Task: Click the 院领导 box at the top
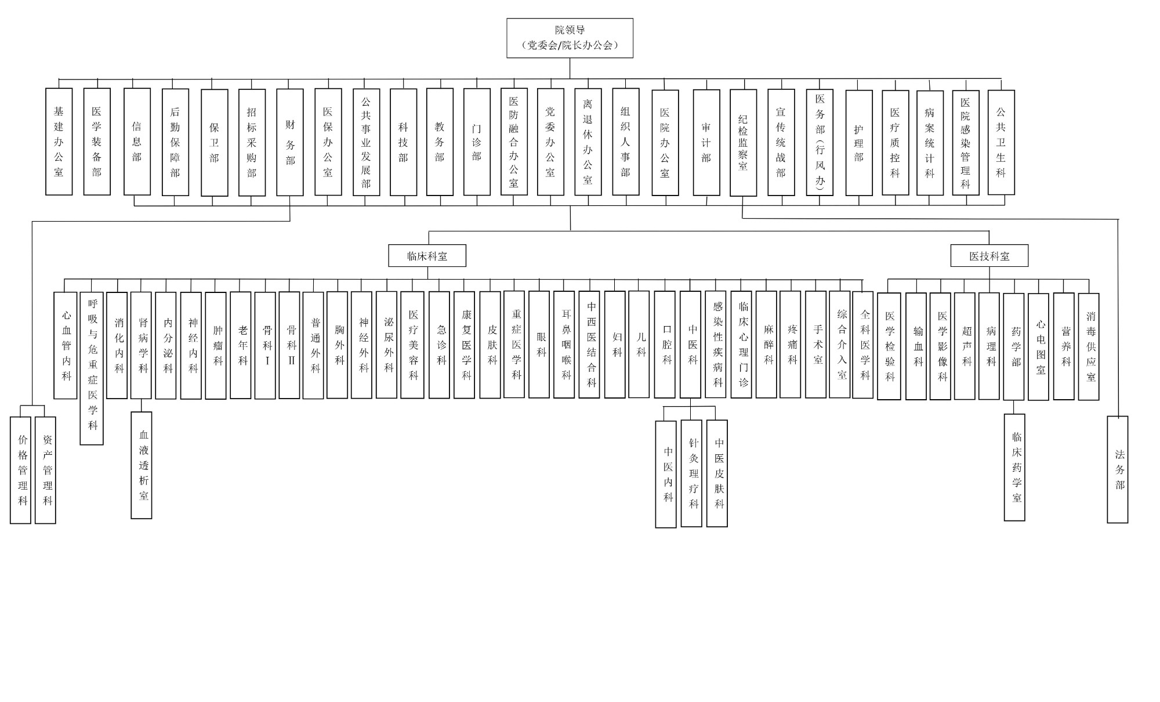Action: pos(570,38)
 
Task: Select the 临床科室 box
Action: pos(427,256)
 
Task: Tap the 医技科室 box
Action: pos(989,256)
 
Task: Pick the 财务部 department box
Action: pos(290,142)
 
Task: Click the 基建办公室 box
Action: pos(59,142)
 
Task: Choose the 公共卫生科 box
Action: pos(1001,142)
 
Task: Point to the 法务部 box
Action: pos(1118,469)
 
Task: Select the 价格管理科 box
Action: pos(21,470)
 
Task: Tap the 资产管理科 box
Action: pos(46,470)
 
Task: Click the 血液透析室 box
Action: pos(142,465)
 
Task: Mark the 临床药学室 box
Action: pos(1014,467)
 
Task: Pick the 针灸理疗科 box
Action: pos(691,473)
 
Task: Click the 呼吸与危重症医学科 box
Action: pos(92,368)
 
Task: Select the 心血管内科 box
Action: pos(66,345)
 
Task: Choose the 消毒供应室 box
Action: pos(1089,346)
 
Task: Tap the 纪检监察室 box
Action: pos(743,143)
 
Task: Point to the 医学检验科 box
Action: pos(889,346)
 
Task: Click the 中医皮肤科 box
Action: pos(717,473)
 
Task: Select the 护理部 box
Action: pos(859,143)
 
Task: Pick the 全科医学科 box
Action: pos(863,345)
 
